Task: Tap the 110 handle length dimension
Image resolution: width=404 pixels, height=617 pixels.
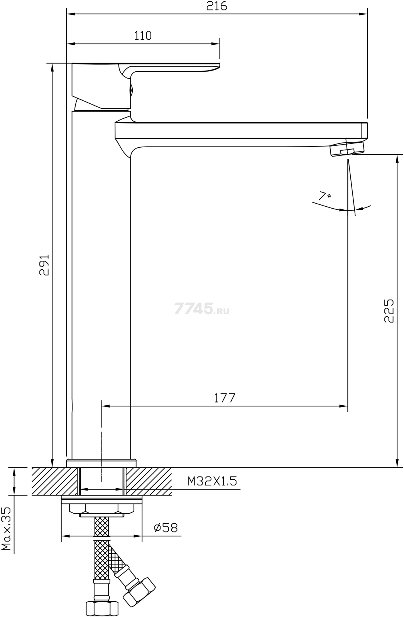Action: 143,35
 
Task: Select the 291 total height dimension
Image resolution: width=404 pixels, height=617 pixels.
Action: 44,265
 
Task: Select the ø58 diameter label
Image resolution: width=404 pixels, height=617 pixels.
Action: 166,528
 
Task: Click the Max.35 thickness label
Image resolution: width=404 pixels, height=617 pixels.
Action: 6,529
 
